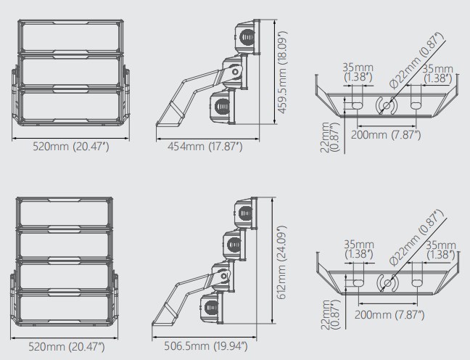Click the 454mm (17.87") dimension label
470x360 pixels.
coord(205,147)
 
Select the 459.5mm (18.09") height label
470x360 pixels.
coord(282,72)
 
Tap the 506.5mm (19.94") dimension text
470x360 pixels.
coord(206,346)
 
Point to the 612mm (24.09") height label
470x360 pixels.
coord(281,263)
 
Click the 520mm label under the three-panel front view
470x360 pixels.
coord(71,147)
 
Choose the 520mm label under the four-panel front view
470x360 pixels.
coord(67,346)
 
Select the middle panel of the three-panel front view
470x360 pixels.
coord(71,72)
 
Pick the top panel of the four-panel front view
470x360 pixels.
coord(65,213)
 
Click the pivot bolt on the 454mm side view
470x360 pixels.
coord(236,72)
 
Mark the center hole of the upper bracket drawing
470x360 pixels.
coord(387,105)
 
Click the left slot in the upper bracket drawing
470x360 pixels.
coord(357,105)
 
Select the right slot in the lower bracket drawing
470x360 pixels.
coord(416,283)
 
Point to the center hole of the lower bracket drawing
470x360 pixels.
coord(387,283)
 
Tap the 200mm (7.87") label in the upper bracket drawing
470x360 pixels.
coord(386,135)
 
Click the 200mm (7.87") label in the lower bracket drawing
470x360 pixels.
coord(389,315)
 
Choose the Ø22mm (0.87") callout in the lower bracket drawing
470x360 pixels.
coord(416,238)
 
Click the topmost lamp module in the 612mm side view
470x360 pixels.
coord(245,213)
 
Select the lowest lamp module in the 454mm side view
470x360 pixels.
coord(223,106)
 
